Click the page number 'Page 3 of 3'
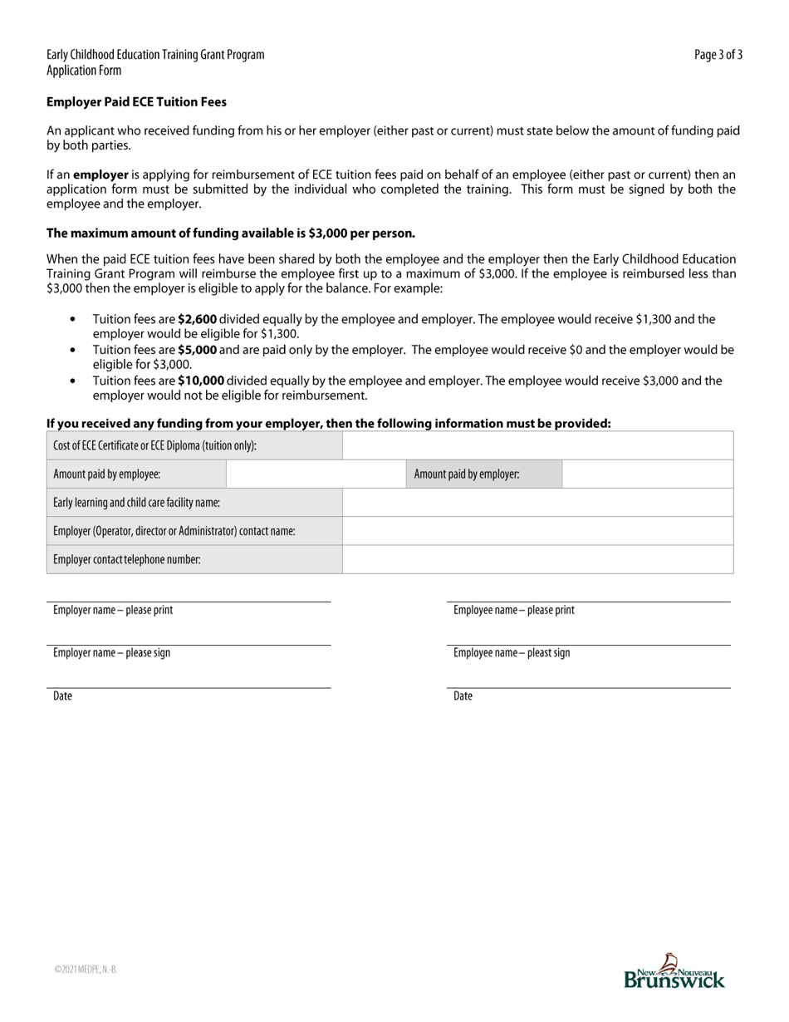point(718,55)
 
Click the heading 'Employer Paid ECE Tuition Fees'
point(136,102)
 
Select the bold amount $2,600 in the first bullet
point(197,319)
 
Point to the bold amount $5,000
point(197,350)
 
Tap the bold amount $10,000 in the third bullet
point(200,381)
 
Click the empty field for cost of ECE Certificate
point(537,445)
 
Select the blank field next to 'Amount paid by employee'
point(315,474)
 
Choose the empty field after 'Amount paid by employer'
point(647,474)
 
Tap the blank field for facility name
point(537,503)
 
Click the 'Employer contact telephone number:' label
point(127,560)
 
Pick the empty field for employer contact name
point(537,531)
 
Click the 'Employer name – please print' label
point(113,610)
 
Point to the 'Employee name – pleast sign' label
point(512,653)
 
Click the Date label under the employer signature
point(62,696)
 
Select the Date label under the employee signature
point(463,696)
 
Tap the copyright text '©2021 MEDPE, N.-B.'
point(86,969)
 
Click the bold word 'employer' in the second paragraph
point(100,175)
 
